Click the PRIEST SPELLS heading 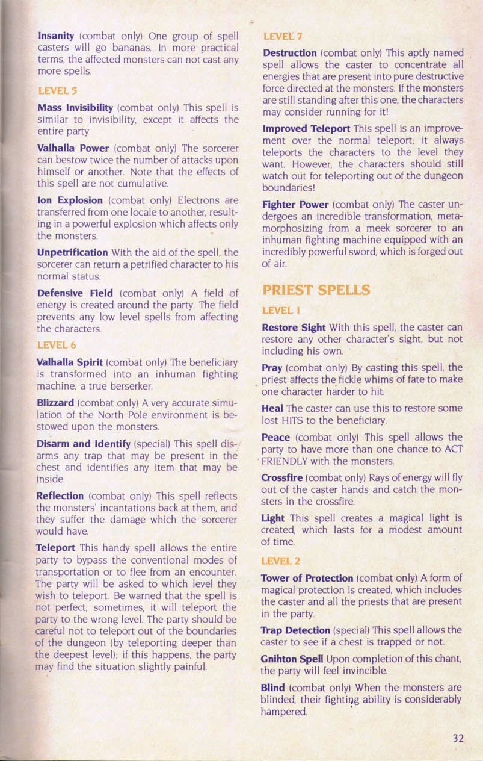pyautogui.click(x=317, y=290)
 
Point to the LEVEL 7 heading pyautogui.click(x=278, y=37)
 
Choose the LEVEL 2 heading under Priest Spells pyautogui.click(x=281, y=561)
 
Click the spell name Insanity pyautogui.click(x=55, y=36)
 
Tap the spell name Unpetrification pyautogui.click(x=72, y=252)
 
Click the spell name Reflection pyautogui.click(x=60, y=496)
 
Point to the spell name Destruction pyautogui.click(x=290, y=54)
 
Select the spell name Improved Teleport pyautogui.click(x=307, y=128)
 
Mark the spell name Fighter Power pyautogui.click(x=295, y=203)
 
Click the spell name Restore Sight pyautogui.click(x=294, y=328)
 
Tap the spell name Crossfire pyautogui.click(x=282, y=477)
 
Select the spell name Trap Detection pyautogui.click(x=295, y=630)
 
